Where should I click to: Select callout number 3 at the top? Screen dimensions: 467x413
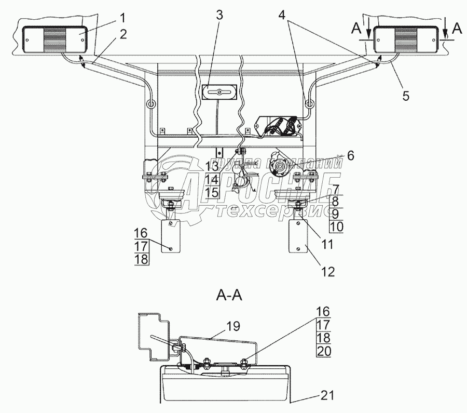(219, 15)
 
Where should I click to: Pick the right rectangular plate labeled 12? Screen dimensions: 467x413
(298, 236)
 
